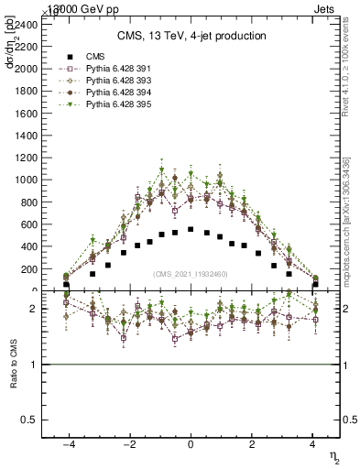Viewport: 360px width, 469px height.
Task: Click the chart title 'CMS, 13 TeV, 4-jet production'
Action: click(191, 37)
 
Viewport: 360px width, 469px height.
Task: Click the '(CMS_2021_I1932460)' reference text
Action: click(191, 273)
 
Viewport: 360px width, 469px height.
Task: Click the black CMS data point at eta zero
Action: click(191, 229)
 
